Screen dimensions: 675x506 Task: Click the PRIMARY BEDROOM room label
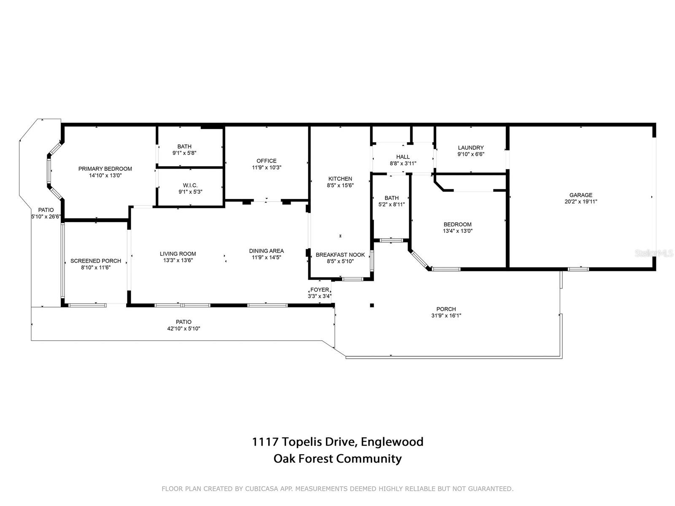click(x=105, y=169)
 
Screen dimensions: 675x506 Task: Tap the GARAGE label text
click(x=580, y=195)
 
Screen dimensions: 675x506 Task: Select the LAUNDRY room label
click(x=470, y=148)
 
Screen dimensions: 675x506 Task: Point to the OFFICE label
click(x=266, y=161)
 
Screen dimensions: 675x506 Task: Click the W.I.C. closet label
click(x=190, y=185)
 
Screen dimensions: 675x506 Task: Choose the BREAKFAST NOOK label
click(x=340, y=255)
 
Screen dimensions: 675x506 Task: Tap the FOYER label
click(x=319, y=290)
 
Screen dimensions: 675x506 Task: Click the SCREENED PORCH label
click(x=96, y=261)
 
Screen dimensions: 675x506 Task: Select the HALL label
click(x=403, y=157)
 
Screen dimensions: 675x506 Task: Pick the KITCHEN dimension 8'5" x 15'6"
click(x=340, y=185)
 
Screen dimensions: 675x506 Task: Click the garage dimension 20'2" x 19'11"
click(x=580, y=202)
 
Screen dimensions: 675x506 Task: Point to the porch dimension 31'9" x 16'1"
click(x=446, y=315)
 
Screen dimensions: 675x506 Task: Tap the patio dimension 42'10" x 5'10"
click(x=184, y=328)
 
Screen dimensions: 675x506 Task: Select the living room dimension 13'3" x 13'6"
click(x=178, y=260)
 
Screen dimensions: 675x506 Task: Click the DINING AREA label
click(x=266, y=251)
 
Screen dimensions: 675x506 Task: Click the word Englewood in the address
click(x=392, y=441)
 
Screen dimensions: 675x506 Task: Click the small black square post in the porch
click(x=372, y=305)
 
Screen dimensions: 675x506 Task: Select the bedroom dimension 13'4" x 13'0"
click(x=457, y=231)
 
